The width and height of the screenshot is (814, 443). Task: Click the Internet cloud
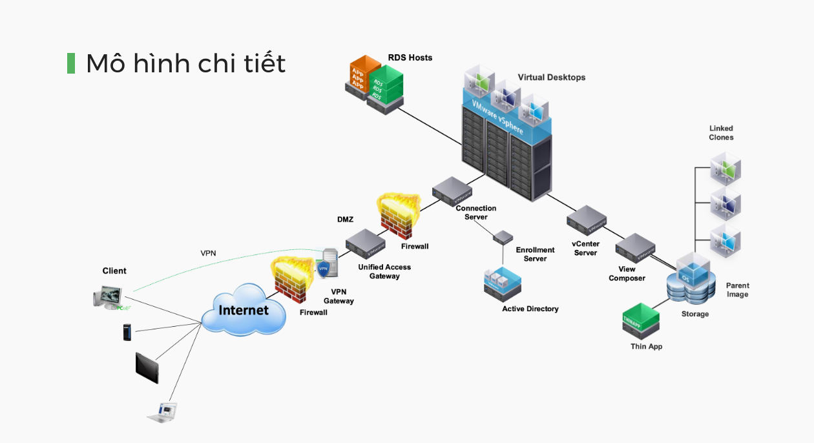[x=244, y=311]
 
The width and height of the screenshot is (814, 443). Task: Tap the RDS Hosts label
[x=410, y=58]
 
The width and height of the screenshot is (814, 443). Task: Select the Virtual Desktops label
[x=551, y=77]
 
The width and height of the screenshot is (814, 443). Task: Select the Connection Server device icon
[x=452, y=191]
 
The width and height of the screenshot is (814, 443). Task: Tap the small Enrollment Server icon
[x=503, y=236]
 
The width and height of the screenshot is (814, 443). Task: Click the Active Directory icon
[x=502, y=283]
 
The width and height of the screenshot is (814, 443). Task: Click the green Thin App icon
[x=641, y=318]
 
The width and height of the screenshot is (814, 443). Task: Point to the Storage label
[x=694, y=314]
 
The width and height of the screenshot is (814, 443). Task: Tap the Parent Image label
[x=737, y=290]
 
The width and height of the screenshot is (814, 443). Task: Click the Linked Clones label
[x=721, y=133]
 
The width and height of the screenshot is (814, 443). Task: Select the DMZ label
[x=345, y=220]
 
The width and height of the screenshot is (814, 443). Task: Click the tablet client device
[x=147, y=367]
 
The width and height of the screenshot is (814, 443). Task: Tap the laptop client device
[x=162, y=412]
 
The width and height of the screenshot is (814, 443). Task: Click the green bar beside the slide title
[x=71, y=63]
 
